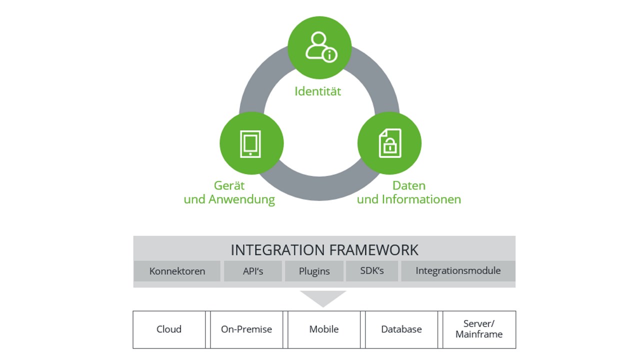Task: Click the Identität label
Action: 317,91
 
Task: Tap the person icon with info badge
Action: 320,47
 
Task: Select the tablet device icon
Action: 251,144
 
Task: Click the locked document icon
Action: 389,143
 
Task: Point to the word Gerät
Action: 229,185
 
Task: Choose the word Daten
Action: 409,185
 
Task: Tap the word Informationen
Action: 421,199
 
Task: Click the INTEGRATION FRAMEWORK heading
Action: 324,249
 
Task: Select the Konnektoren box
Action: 177,271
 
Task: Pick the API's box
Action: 252,271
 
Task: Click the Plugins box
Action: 314,271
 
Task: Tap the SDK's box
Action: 372,271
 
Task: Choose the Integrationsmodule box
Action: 458,271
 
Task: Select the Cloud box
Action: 169,329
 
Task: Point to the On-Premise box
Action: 246,329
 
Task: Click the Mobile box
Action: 324,329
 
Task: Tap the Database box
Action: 401,329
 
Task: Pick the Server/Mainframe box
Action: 479,329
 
